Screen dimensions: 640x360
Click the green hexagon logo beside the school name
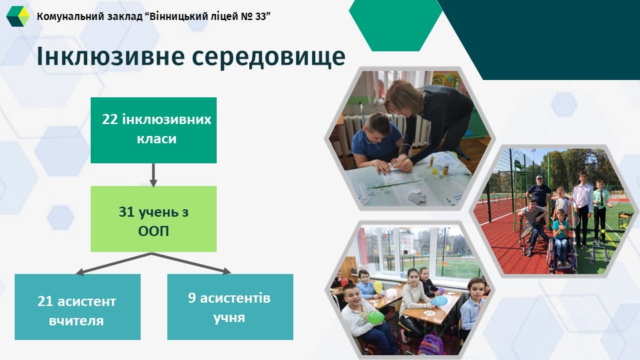coord(18,16)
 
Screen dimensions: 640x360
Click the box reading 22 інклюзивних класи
coord(153,130)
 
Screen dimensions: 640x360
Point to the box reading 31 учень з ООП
coord(153,219)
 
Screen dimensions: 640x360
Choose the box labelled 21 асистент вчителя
coord(77,307)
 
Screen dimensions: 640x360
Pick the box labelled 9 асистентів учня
coord(230,307)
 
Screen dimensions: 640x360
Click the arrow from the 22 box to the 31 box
coord(153,175)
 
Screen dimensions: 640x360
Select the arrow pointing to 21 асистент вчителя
coord(113,264)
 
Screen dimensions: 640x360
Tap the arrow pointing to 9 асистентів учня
coord(191,263)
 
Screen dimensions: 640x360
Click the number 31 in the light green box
coord(126,212)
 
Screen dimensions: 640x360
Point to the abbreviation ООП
coord(153,231)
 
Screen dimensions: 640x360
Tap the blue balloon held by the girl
coord(439,301)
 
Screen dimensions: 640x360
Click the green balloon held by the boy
coord(376,317)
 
